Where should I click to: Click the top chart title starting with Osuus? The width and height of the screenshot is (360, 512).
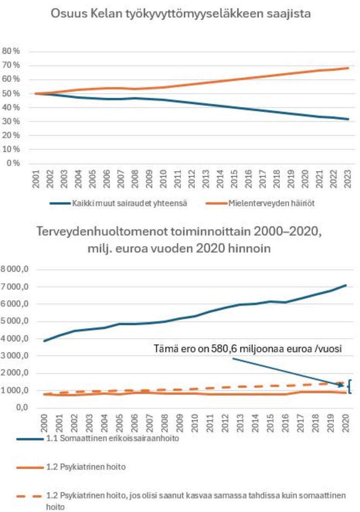point(181,13)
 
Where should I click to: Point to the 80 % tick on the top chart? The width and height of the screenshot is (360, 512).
point(12,51)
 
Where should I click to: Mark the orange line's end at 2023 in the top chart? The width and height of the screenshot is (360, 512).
point(348,68)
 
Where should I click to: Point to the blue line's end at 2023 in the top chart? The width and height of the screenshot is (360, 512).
point(348,119)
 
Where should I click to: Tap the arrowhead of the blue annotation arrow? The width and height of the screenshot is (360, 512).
point(344,386)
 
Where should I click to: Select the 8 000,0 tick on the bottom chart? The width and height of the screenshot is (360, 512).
point(17,270)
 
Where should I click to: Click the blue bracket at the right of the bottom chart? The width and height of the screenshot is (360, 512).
point(350,387)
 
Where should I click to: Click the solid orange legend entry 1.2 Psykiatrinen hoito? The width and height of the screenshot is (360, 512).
point(85,467)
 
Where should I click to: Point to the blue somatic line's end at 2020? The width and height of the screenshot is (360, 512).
point(345,285)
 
